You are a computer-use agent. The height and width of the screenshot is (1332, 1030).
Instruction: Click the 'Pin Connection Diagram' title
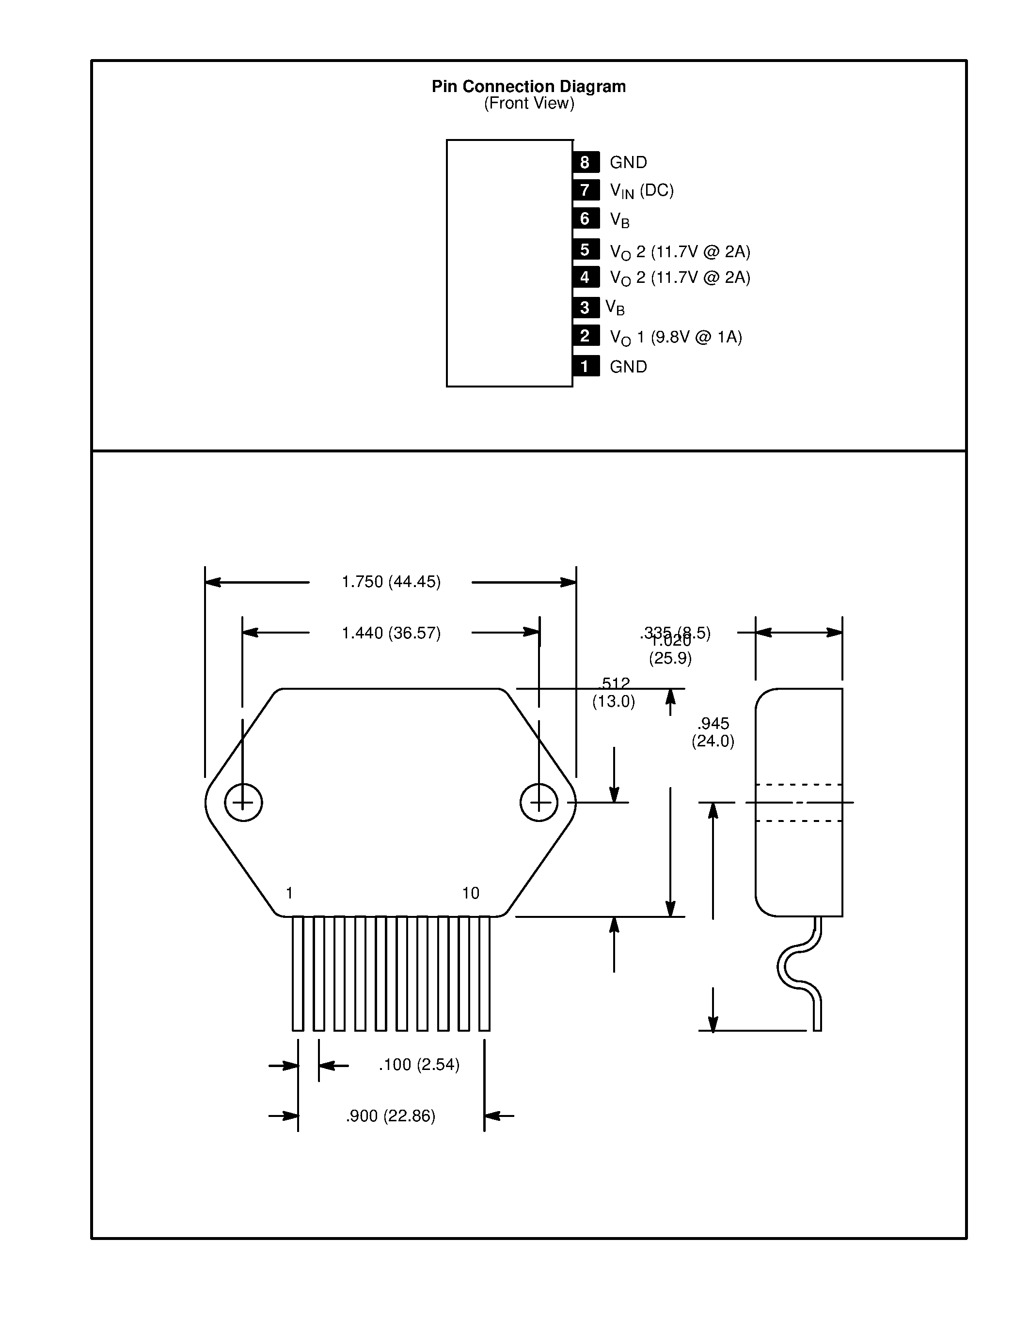pos(528,87)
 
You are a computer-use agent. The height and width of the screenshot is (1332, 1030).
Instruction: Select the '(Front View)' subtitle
pos(529,104)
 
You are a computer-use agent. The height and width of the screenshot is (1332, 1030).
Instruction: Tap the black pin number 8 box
pos(585,162)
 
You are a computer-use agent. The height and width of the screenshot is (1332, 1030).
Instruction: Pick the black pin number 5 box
pos(585,249)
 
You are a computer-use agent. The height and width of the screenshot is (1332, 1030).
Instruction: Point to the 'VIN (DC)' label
pos(641,191)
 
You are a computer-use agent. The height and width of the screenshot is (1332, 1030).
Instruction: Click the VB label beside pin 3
pos(615,308)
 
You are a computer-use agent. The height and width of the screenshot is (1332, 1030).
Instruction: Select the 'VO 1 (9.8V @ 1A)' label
pos(676,337)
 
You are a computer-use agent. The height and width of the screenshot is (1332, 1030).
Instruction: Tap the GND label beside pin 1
pos(628,367)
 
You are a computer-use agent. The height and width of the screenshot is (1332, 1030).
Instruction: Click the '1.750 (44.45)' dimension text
pos(391,582)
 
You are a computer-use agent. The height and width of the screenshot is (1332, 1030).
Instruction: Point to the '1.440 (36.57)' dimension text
pos(391,633)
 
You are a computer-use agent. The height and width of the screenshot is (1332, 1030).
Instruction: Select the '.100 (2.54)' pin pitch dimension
pos(419,1065)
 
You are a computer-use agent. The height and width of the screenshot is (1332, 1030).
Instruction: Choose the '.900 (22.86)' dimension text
pos(391,1116)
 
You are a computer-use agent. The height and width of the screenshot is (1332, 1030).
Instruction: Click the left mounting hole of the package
pos(243,803)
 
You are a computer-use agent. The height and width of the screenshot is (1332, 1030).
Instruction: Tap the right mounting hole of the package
pos(539,803)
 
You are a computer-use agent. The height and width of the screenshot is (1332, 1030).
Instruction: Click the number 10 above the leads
pos(471,894)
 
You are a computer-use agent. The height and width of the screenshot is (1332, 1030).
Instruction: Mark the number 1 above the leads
pos(289,894)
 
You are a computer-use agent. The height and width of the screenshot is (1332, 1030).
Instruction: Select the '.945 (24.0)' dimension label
pos(713,732)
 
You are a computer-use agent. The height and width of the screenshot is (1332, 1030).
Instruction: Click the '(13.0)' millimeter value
pos(613,701)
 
